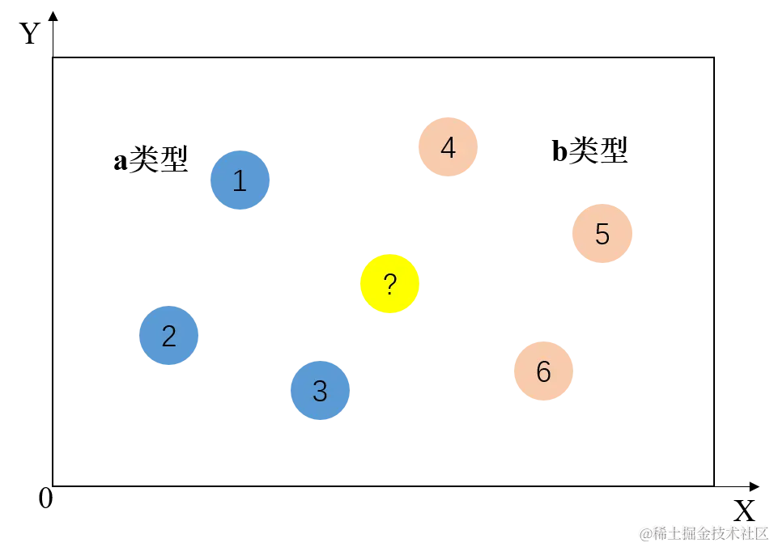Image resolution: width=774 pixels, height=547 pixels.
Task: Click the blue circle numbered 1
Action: click(240, 180)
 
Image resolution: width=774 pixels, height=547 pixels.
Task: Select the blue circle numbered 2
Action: click(169, 336)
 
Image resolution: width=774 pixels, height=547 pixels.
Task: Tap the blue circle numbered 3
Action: click(320, 391)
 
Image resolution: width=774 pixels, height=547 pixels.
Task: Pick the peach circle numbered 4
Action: click(448, 148)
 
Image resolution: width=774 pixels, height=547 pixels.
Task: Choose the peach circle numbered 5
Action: click(602, 234)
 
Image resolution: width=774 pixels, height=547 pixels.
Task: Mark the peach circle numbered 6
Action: click(543, 371)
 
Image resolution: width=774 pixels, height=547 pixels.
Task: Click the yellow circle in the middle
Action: click(389, 284)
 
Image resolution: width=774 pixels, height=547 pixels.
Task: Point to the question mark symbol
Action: click(389, 284)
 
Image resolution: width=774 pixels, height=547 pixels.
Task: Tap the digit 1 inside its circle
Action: click(240, 180)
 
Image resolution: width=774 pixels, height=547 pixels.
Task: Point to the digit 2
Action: click(169, 336)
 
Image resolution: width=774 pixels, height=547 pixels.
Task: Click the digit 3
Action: click(320, 391)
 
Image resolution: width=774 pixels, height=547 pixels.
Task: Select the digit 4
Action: click(448, 148)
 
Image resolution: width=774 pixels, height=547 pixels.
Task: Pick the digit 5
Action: click(602, 234)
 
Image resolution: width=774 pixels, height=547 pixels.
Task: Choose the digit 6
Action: click(543, 371)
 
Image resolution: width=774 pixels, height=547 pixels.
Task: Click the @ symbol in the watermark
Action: click(645, 532)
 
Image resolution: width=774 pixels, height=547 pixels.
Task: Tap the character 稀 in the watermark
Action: click(661, 532)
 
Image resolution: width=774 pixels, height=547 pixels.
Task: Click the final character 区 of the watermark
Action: click(759, 532)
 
